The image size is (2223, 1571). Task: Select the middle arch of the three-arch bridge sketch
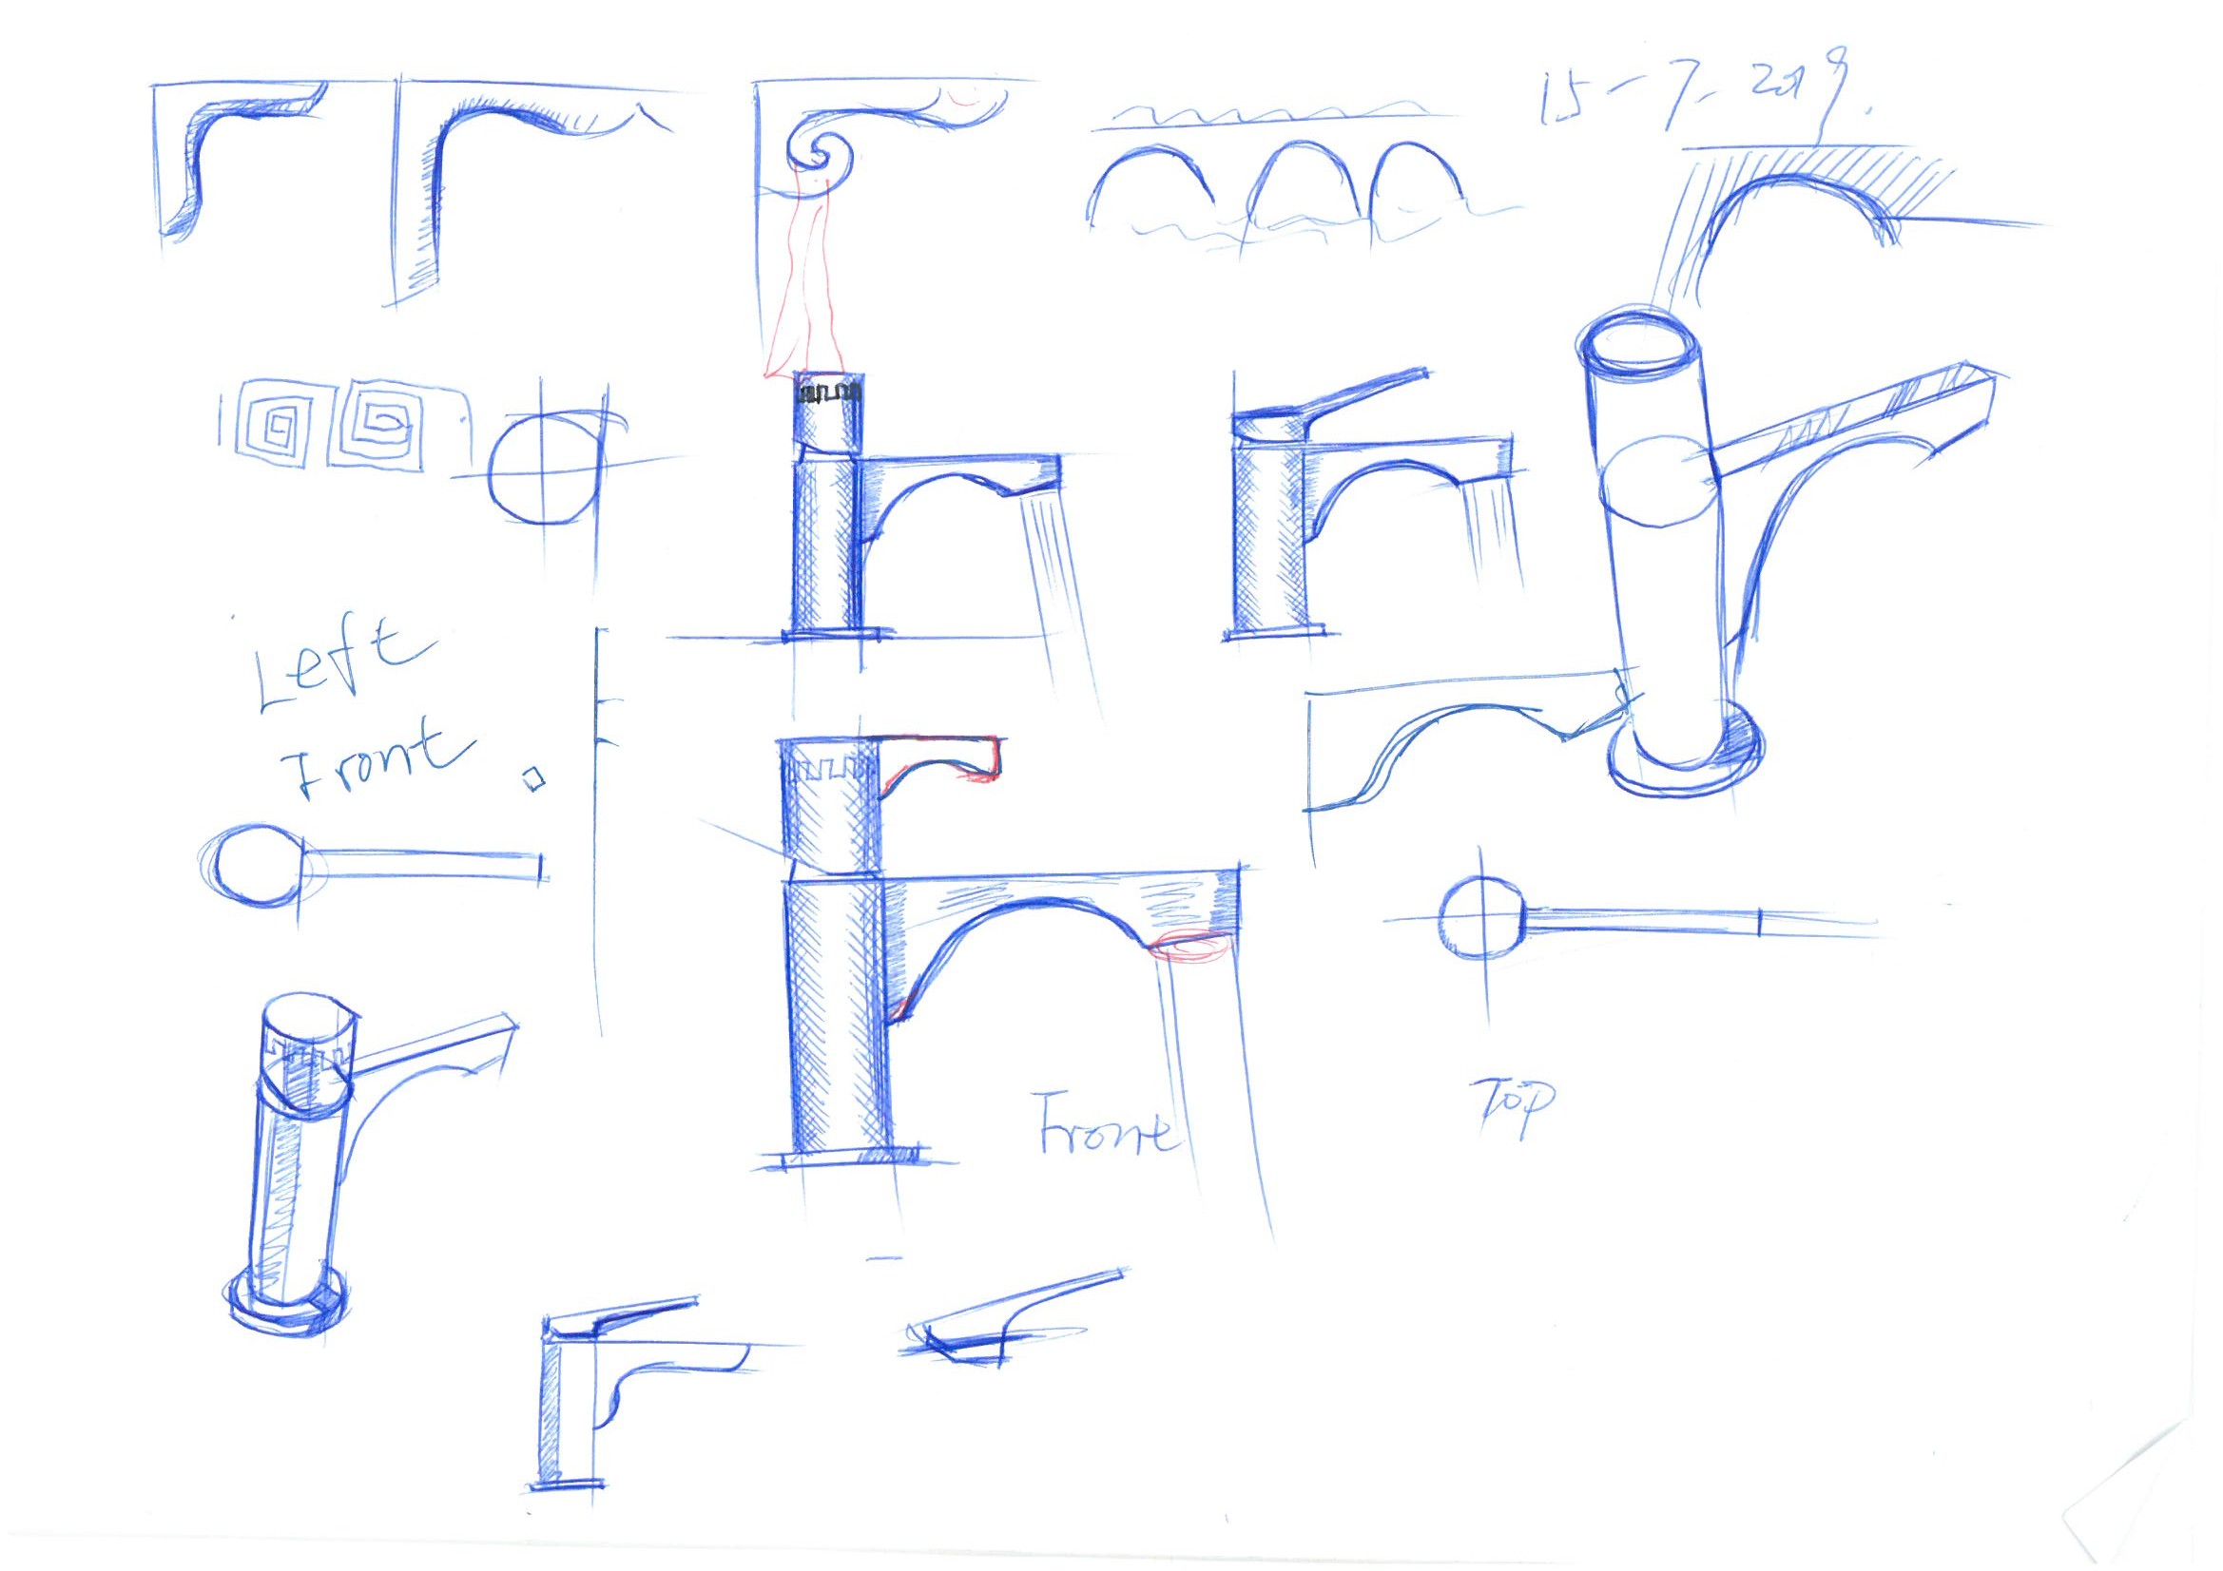click(1304, 189)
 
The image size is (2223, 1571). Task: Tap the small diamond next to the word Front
click(532, 777)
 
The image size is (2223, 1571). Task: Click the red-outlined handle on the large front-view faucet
click(944, 754)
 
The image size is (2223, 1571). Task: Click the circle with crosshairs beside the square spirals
click(545, 472)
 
